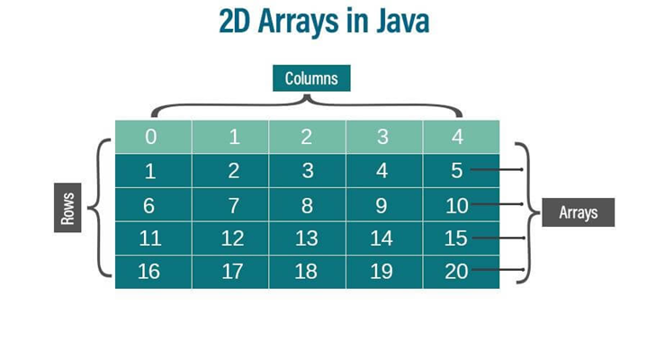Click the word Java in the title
pyautogui.click(x=395, y=22)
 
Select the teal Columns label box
pyautogui.click(x=310, y=78)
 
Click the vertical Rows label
pyautogui.click(x=67, y=210)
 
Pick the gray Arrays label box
pyautogui.click(x=579, y=213)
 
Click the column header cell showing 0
pyautogui.click(x=151, y=137)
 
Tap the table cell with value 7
pyautogui.click(x=233, y=205)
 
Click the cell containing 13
pyautogui.click(x=306, y=238)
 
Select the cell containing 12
pyautogui.click(x=232, y=238)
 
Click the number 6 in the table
pyautogui.click(x=148, y=205)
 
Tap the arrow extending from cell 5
pyautogui.click(x=497, y=169)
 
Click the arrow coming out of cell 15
pyautogui.click(x=497, y=238)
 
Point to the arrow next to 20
pyautogui.click(x=497, y=271)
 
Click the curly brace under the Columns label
pyautogui.click(x=306, y=104)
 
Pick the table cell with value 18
pyautogui.click(x=306, y=271)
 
